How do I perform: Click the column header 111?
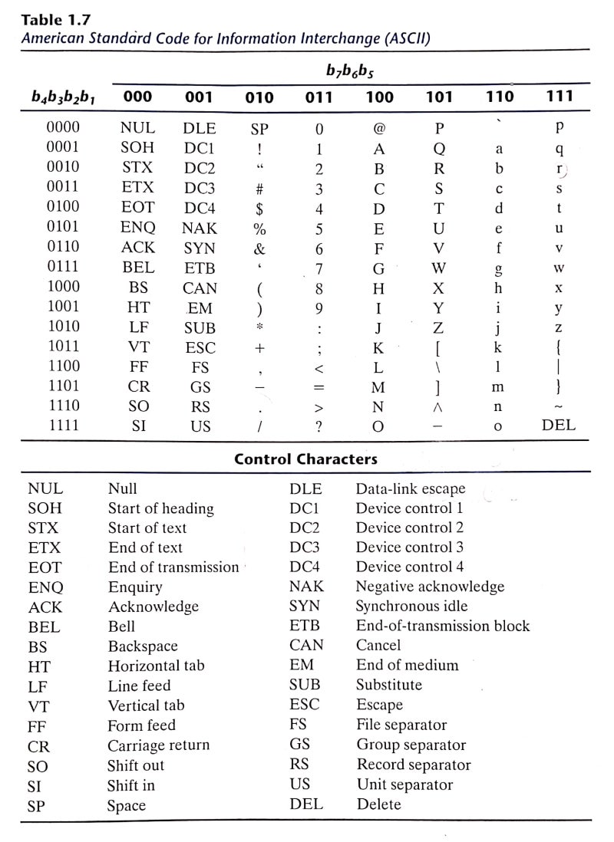[559, 97]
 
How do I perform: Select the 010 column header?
[259, 97]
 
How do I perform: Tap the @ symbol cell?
[378, 129]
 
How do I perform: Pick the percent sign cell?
[259, 229]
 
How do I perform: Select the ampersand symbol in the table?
[259, 248]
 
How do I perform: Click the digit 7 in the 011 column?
[319, 268]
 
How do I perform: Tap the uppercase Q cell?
[439, 149]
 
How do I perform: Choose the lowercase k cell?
[498, 347]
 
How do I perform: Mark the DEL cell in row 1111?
[559, 426]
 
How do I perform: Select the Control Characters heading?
[305, 459]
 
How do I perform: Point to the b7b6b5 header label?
[349, 71]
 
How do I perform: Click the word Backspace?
[142, 646]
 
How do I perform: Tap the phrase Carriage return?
[158, 745]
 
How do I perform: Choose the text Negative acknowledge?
[430, 587]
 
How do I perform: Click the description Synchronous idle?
[411, 606]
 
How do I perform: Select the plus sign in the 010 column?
[259, 347]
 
